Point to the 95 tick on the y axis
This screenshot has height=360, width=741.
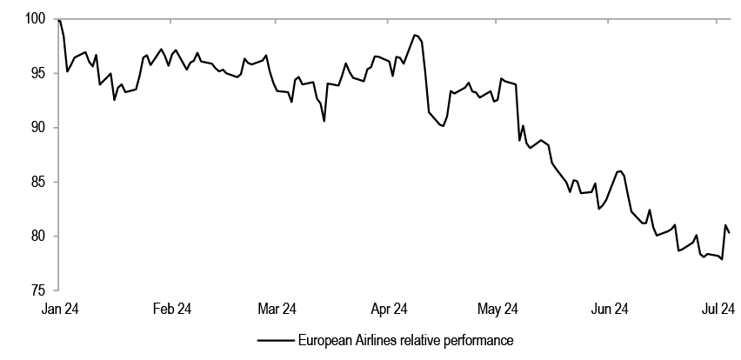point(37,73)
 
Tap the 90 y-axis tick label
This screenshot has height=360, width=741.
point(37,128)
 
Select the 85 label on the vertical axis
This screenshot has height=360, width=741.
point(37,182)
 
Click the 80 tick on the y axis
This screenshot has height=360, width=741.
point(37,236)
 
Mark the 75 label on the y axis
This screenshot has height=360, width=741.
point(37,290)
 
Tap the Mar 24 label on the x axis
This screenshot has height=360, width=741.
point(278,308)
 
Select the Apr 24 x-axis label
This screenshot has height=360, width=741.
point(390,308)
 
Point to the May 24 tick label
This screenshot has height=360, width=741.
point(498,308)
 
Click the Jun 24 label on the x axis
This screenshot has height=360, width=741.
point(610,308)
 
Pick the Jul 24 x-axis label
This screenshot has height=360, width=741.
point(718,308)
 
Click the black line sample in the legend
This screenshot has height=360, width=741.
point(274,340)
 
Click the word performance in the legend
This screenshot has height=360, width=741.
point(481,340)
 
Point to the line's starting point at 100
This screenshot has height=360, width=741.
point(58,19)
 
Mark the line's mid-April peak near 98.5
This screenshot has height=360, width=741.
point(415,35)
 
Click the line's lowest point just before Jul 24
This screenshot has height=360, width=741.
point(722,259)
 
